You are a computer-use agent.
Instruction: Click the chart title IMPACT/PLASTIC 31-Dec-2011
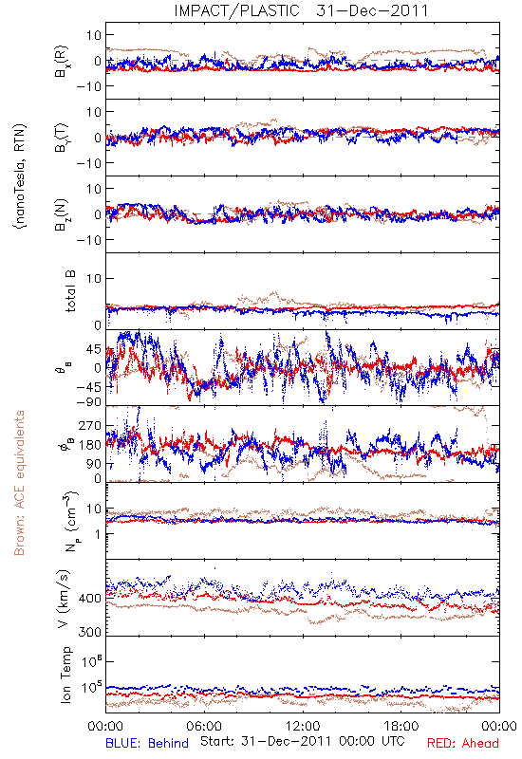(301, 10)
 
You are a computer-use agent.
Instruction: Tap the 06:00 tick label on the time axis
(204, 726)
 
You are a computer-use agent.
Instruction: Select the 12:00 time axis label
(303, 726)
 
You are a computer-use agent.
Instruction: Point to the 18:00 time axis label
(401, 726)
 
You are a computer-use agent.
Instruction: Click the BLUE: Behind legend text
(147, 743)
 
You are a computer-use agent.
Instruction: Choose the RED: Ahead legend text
(462, 743)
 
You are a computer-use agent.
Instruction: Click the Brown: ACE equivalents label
(19, 483)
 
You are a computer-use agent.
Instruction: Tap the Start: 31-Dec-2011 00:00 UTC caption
(302, 741)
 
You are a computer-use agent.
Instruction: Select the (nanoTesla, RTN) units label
(20, 176)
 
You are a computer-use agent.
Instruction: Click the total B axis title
(70, 291)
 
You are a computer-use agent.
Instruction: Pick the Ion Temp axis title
(65, 675)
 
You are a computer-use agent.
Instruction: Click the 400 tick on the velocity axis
(90, 599)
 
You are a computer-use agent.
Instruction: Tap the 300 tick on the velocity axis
(90, 632)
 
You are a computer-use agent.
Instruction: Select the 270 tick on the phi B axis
(90, 425)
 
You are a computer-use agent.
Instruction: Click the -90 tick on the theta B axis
(87, 401)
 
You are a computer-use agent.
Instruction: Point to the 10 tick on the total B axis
(94, 278)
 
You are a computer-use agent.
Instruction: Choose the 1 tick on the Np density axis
(99, 534)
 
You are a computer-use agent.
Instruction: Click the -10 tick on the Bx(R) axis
(88, 86)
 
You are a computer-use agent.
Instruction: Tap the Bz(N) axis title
(62, 214)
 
